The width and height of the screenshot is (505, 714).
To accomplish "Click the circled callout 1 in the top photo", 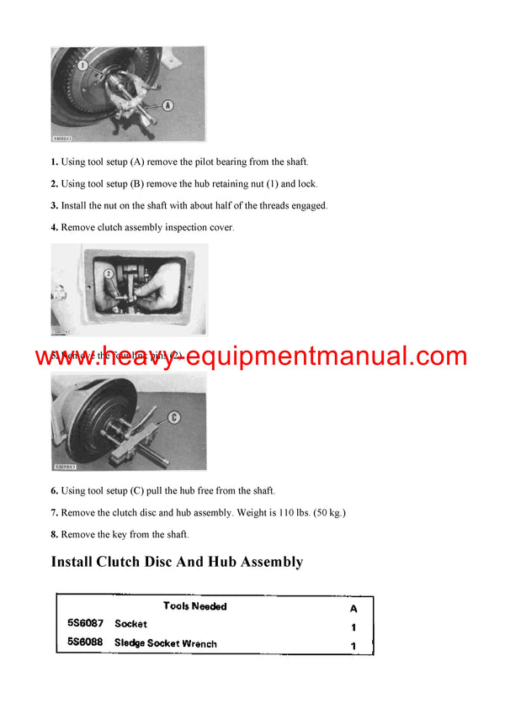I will point(82,64).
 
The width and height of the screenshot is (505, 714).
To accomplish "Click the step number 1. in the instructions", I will point(55,161).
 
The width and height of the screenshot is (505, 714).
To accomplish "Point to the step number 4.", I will point(55,227).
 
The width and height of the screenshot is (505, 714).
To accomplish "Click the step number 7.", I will point(55,512).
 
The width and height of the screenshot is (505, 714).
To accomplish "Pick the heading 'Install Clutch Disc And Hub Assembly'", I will point(177,562).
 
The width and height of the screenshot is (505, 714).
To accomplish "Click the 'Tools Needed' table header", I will point(194,606).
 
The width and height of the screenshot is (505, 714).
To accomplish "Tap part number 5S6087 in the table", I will point(86,624).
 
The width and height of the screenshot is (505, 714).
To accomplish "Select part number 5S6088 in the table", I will point(86,643).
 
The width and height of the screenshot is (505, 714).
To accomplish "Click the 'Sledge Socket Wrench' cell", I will point(165,643).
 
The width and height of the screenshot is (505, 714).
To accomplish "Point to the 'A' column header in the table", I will point(353,607).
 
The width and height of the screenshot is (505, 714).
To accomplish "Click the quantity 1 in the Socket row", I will point(353,627).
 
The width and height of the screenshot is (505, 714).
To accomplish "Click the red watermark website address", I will point(251,356).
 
